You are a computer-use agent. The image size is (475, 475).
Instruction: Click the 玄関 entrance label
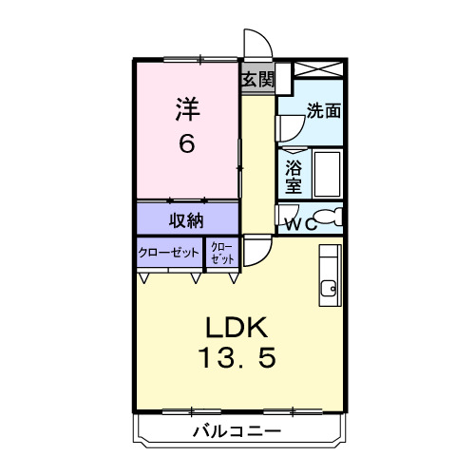(256, 80)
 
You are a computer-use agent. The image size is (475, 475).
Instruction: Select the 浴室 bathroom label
(294, 176)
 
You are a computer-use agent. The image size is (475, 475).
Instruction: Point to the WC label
(299, 224)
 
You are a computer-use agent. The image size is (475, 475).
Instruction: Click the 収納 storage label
(186, 220)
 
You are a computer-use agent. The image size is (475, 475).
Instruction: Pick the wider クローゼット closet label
(168, 253)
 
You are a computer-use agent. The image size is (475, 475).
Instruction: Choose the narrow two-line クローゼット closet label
(221, 253)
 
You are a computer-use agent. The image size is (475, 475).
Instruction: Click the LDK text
(238, 328)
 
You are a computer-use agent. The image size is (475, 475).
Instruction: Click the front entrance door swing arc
(256, 44)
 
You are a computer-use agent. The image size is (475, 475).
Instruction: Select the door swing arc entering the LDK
(256, 251)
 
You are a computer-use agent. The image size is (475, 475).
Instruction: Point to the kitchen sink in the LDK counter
(329, 289)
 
